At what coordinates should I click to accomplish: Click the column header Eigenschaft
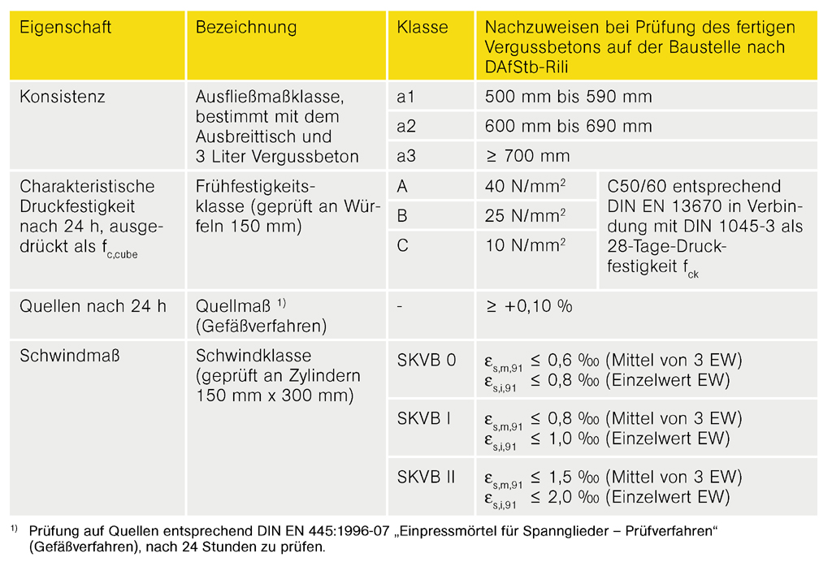coord(66,28)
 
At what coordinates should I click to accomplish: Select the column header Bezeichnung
coord(246,28)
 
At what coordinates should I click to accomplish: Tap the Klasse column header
coord(422,28)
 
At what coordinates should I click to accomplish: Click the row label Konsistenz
coord(63,97)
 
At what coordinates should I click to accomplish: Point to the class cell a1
coord(406,97)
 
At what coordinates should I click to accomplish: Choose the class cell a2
coord(406,127)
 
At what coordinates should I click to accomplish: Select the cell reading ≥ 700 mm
coord(527,156)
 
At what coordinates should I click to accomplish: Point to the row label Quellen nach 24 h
coord(93,306)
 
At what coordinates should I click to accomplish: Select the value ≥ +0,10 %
coord(529,306)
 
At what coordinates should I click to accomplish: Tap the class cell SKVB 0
coord(427,360)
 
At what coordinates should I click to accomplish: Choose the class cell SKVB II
coord(427,477)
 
